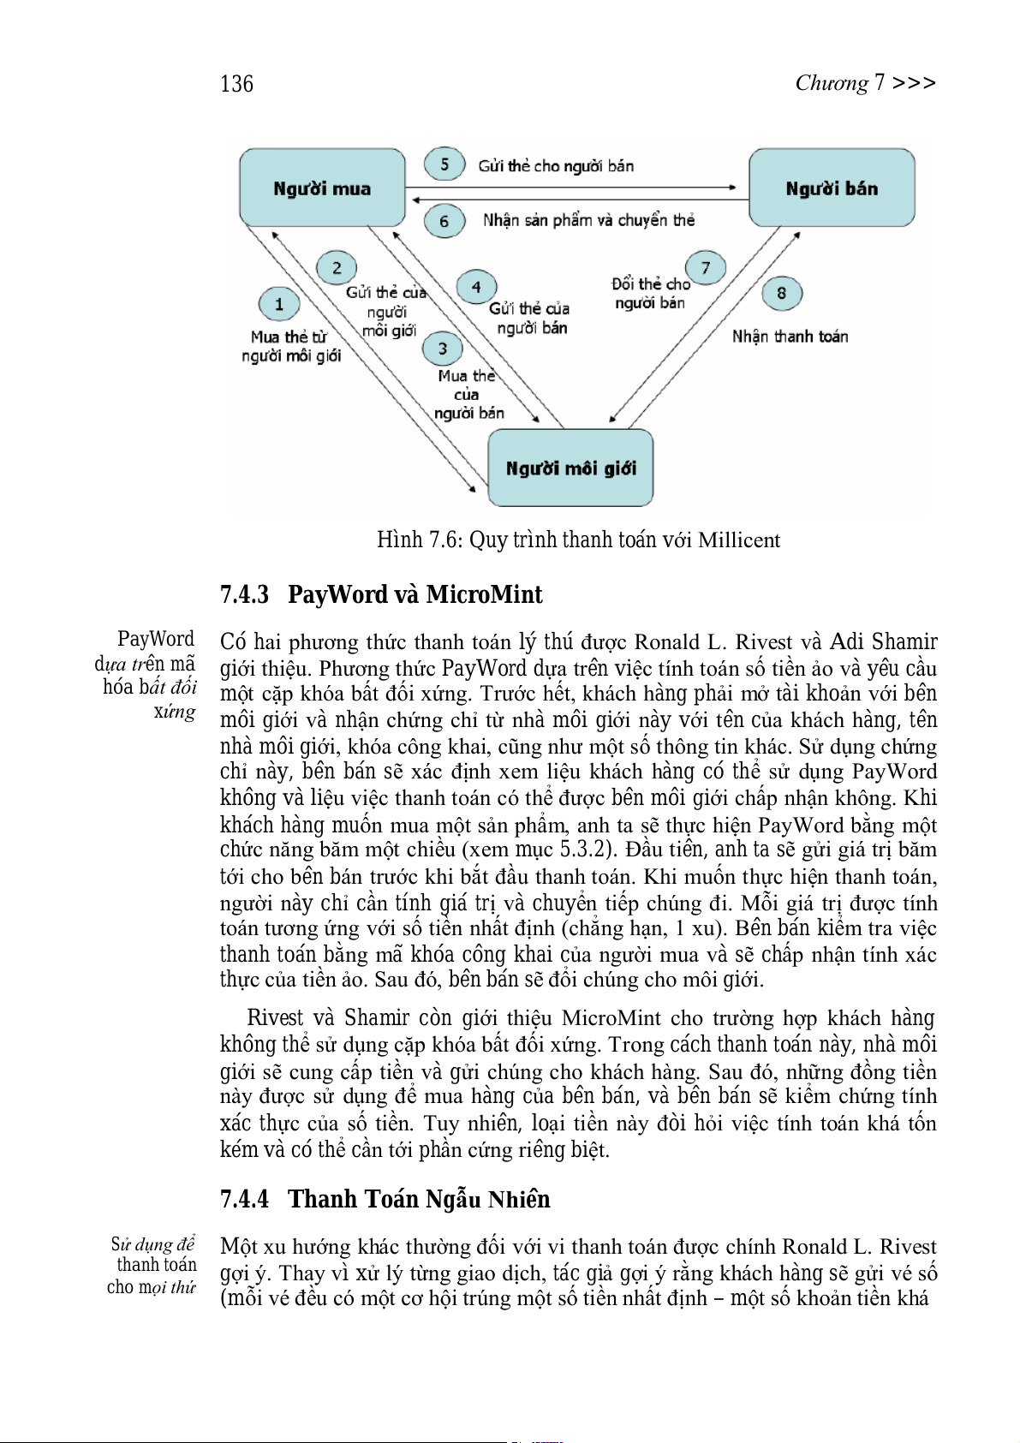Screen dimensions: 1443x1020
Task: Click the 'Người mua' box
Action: point(322,188)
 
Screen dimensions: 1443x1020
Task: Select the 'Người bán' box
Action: point(832,188)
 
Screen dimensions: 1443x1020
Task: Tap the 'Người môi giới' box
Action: point(570,468)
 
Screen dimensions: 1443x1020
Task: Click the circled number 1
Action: point(279,304)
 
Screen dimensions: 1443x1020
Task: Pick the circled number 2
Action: point(337,268)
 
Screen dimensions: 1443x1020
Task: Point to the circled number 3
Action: point(442,349)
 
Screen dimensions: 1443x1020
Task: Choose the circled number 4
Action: point(476,288)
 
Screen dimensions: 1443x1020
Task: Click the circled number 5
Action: point(444,164)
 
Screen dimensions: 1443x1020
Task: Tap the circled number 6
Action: point(444,221)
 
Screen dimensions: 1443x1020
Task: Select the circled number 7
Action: point(706,268)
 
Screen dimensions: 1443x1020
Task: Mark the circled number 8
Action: point(782,293)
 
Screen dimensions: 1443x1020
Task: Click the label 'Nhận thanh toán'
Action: point(790,337)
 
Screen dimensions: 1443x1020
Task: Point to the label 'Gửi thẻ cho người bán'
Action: point(556,166)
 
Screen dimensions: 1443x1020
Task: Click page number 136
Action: point(236,84)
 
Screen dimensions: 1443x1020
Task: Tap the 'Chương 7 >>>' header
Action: point(865,83)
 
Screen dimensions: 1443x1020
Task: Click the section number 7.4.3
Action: point(244,594)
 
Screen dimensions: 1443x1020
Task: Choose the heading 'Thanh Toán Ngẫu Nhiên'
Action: point(419,1199)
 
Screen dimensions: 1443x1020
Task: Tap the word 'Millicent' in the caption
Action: point(739,540)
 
